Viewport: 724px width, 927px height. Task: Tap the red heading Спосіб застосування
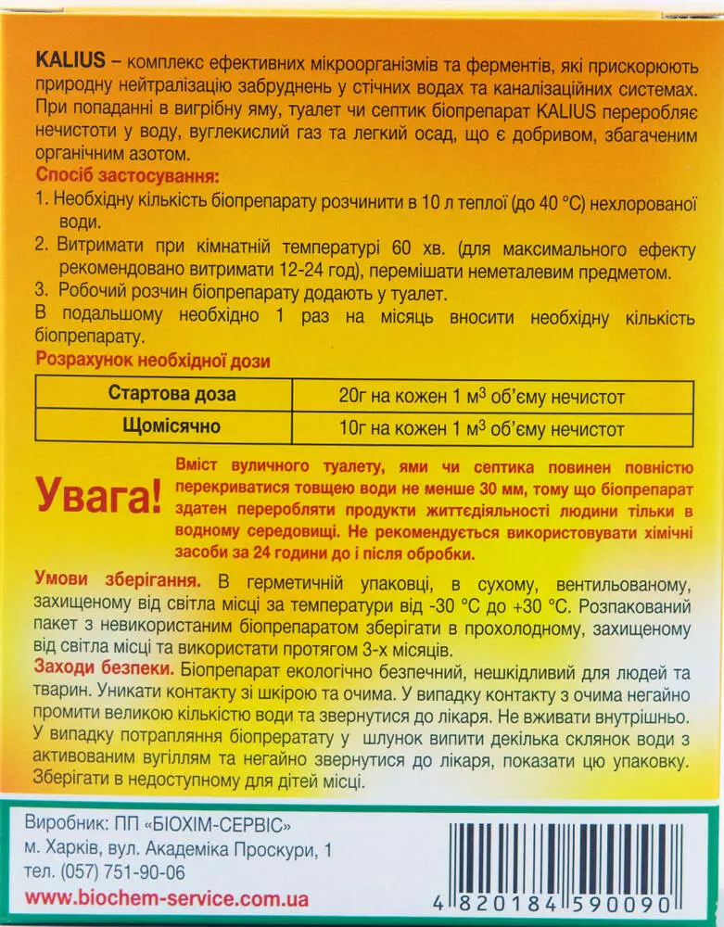(x=128, y=175)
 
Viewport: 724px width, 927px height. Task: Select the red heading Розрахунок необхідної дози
(x=152, y=362)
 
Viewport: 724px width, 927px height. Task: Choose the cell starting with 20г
(x=482, y=397)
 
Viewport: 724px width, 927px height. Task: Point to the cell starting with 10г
(x=482, y=430)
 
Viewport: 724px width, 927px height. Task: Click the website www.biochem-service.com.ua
(x=166, y=898)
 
